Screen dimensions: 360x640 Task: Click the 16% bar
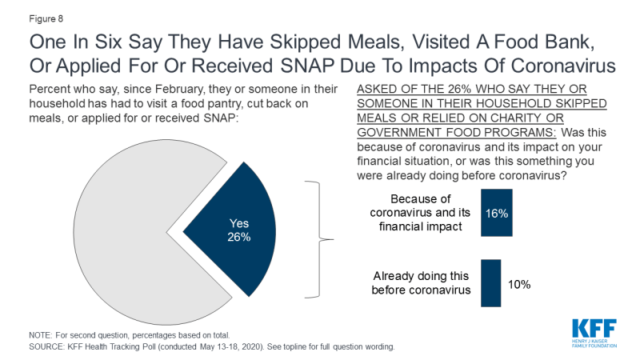coord(497,214)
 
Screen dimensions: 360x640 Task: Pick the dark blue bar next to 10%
coord(490,282)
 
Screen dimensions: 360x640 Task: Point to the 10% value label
coord(518,283)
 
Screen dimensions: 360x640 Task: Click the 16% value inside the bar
coord(497,214)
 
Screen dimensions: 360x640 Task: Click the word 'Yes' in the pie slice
coord(240,224)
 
